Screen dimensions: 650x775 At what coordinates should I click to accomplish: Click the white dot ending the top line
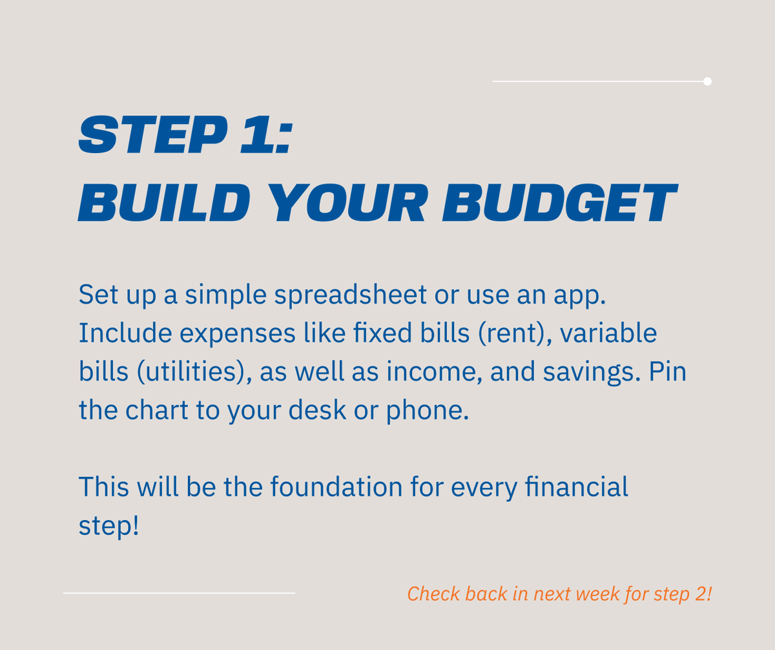coord(707,81)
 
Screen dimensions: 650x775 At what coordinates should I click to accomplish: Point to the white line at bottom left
coord(179,592)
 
